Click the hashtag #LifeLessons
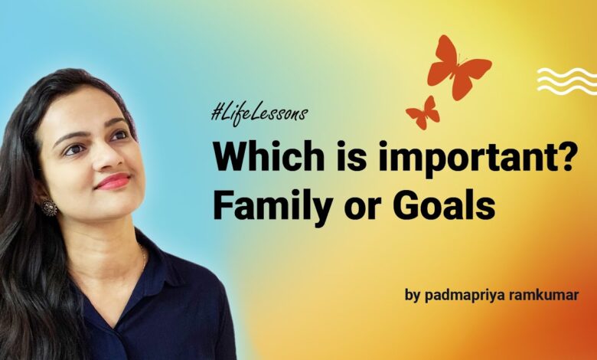click(x=259, y=114)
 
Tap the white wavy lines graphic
click(x=566, y=80)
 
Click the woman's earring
click(x=49, y=208)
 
